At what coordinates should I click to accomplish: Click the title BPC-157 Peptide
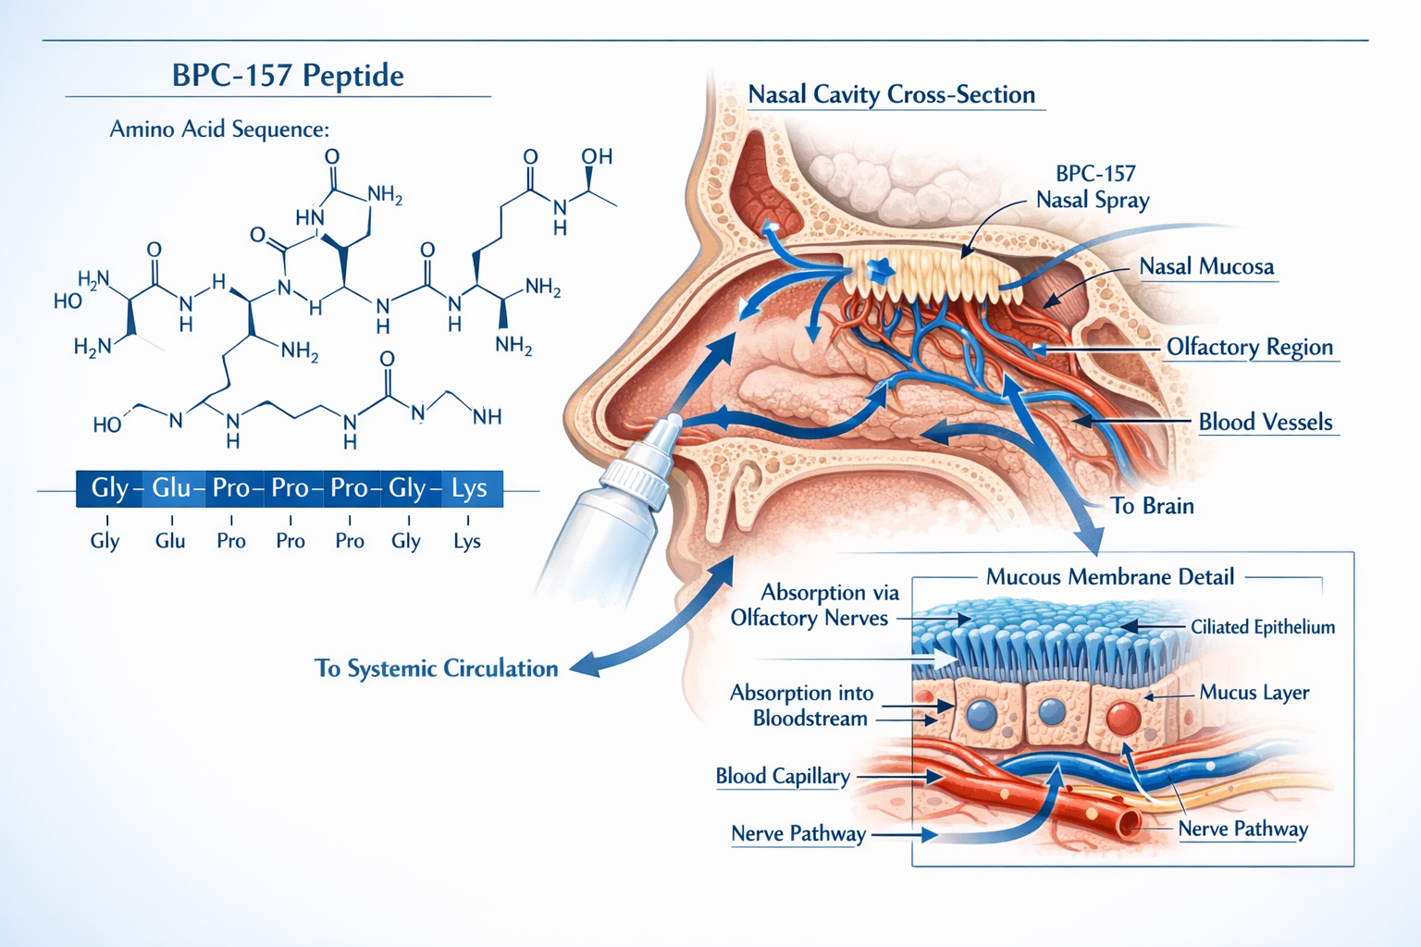coord(288,75)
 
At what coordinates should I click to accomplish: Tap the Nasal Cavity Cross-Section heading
coord(891,94)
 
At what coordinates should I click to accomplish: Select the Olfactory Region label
coord(1249,347)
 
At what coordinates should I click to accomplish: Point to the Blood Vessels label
coord(1265,423)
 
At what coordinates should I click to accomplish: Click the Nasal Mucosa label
coord(1206,267)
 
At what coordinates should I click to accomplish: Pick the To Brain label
coord(1152,506)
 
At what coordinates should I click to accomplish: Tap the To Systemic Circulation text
coord(436,669)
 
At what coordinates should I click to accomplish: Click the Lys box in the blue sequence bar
coord(470,487)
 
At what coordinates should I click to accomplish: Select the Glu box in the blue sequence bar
coord(172,487)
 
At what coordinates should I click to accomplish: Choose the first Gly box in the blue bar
coord(110,487)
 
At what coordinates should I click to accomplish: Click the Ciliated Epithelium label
coord(1262,627)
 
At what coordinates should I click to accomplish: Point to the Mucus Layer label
coord(1254,693)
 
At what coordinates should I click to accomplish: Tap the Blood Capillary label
coord(782,776)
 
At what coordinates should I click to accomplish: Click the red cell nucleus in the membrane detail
coord(1123,718)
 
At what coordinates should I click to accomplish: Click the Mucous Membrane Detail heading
coord(1109,577)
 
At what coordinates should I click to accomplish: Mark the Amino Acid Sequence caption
coord(219,129)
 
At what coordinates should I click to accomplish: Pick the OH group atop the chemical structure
coord(597,156)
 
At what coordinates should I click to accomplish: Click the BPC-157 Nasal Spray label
coord(1094,187)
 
